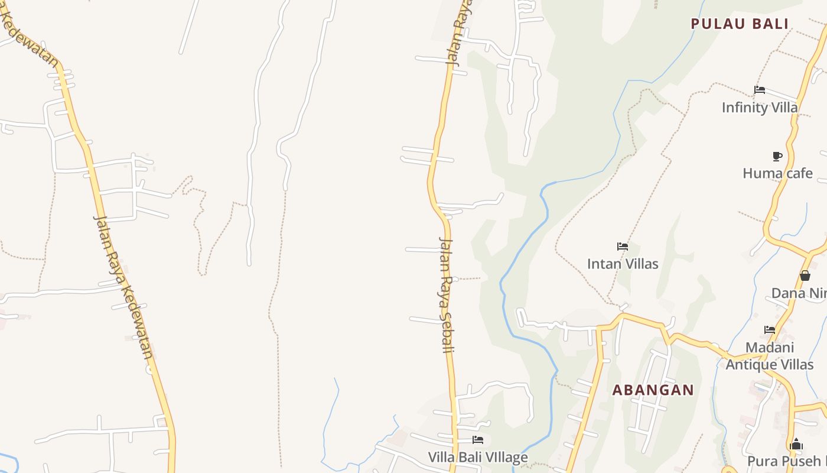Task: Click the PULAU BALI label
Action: click(740, 24)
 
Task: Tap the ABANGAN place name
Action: click(653, 390)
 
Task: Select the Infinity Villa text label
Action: click(760, 108)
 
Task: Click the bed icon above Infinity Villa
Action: click(760, 90)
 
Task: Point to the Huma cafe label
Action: click(777, 173)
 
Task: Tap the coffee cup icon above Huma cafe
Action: click(777, 156)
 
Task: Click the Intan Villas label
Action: click(623, 264)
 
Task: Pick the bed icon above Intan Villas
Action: click(623, 246)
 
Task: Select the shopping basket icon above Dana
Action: click(805, 276)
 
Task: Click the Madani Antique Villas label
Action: click(769, 356)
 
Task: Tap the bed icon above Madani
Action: click(770, 329)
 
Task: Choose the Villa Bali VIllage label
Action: click(478, 457)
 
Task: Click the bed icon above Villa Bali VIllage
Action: click(478, 439)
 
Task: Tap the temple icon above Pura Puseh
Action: click(796, 444)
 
